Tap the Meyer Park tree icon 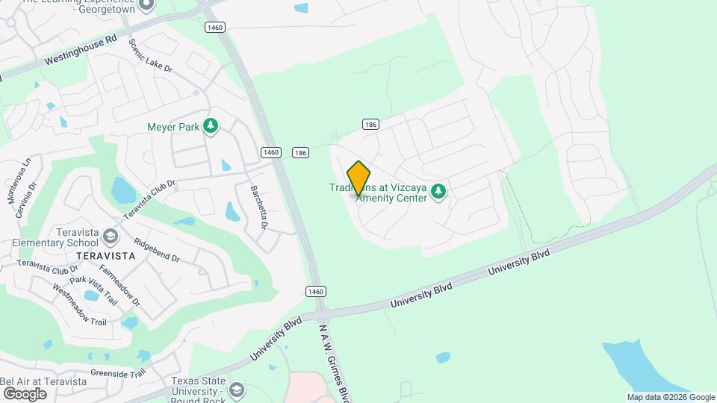click(x=211, y=127)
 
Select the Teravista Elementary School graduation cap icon click(x=111, y=237)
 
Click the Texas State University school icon click(x=237, y=390)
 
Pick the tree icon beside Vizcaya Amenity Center click(x=439, y=193)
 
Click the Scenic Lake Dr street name click(x=151, y=56)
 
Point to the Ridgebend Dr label click(x=156, y=250)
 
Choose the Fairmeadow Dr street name click(x=119, y=286)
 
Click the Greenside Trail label click(x=118, y=373)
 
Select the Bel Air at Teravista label click(x=43, y=381)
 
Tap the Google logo click(x=24, y=393)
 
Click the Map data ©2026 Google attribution click(x=671, y=397)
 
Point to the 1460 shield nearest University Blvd click(x=316, y=291)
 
